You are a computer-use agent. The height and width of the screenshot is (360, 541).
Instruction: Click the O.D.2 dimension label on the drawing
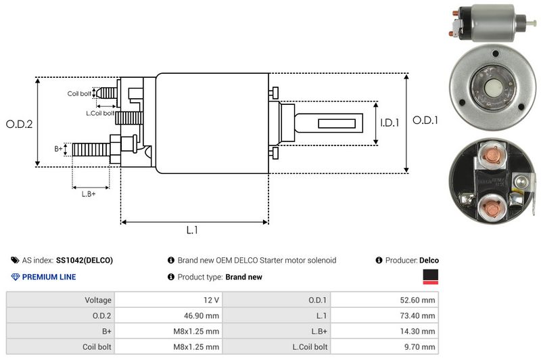[x=19, y=125]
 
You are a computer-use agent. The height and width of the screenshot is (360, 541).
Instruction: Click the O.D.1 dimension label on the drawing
[x=426, y=120]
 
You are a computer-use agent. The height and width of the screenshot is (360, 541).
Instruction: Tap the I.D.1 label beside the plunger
[x=390, y=123]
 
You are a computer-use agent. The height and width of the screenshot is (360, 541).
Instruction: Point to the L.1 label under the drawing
[x=192, y=230]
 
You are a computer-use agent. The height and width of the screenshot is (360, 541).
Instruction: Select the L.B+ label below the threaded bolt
[x=89, y=194]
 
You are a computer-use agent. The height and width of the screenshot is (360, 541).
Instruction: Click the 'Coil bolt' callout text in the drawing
[x=79, y=93]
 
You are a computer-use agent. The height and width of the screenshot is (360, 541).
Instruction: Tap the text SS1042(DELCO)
[x=85, y=260]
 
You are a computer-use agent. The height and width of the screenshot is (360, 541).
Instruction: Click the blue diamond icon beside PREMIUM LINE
[x=16, y=277]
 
